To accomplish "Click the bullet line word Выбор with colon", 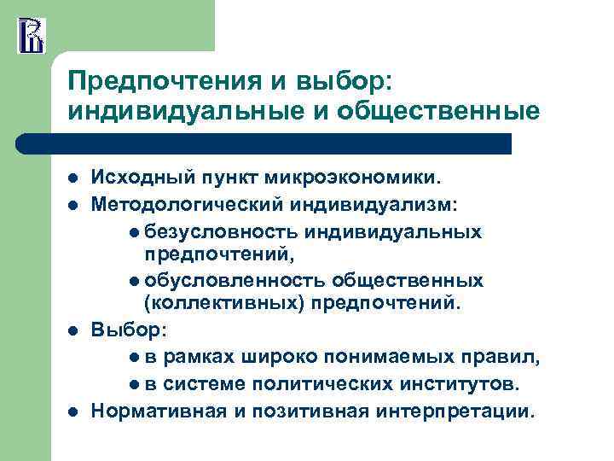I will (123, 329).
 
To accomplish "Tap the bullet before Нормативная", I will (73, 412).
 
